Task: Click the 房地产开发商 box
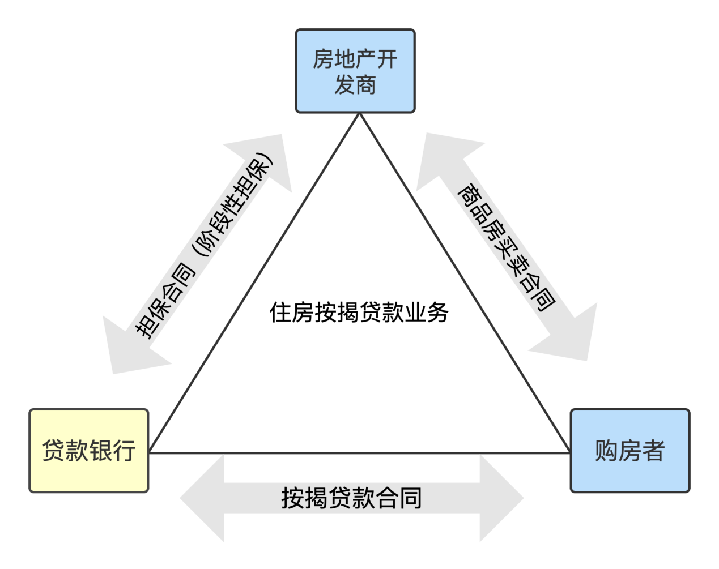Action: [x=355, y=71]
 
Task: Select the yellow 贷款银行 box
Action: [x=89, y=451]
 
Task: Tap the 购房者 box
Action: [x=629, y=451]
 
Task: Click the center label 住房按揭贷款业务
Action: [x=359, y=312]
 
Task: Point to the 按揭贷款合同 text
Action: [x=351, y=498]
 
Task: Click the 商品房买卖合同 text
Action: [x=505, y=247]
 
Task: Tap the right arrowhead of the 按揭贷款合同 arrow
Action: [x=501, y=498]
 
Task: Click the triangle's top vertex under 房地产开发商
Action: [x=360, y=114]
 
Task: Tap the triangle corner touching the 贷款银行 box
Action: [x=150, y=452]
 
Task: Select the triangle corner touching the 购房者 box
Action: [x=569, y=452]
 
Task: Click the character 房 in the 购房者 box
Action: [x=629, y=451]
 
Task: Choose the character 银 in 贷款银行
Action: [x=100, y=451]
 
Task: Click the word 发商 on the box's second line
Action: [x=355, y=85]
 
